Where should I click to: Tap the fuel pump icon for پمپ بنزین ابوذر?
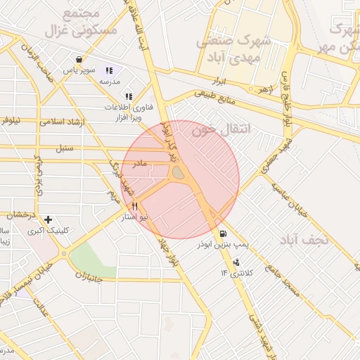pos(224,234)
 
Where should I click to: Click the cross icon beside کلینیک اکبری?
pos(48,219)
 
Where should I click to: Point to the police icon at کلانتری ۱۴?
pos(236,262)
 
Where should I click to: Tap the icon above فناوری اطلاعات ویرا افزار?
pos(128,96)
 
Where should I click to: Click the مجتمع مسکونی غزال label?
pos(70,23)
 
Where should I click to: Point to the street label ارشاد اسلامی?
pos(64,122)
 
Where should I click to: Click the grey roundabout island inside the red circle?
pos(179,172)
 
